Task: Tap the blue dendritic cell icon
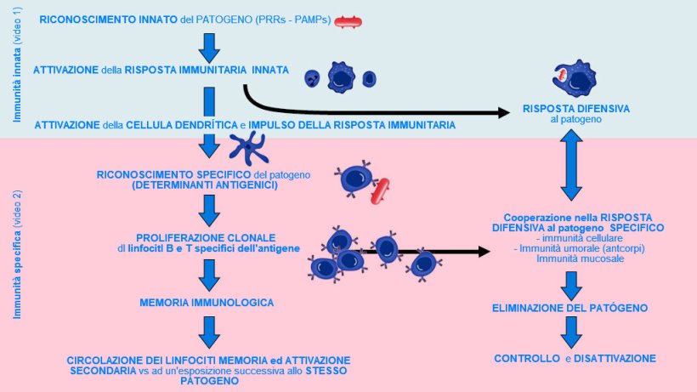(248, 150)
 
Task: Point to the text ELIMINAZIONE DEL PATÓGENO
(570, 307)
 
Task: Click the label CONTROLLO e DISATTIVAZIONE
(575, 359)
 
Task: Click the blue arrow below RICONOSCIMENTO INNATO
(209, 47)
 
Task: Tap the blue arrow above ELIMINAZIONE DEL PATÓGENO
(570, 284)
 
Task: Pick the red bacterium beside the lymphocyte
(380, 192)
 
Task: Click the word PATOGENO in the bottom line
(209, 382)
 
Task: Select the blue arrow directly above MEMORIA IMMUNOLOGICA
(209, 273)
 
